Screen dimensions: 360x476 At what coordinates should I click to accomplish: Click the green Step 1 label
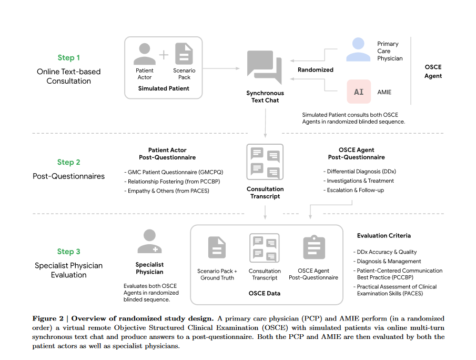click(x=69, y=58)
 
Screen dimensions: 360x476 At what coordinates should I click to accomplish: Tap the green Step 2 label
click(x=69, y=162)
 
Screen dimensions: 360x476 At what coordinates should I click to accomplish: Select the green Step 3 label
click(x=69, y=252)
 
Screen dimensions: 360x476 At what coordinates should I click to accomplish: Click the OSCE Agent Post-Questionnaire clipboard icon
click(x=314, y=247)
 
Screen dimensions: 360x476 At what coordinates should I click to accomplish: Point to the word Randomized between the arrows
click(x=316, y=69)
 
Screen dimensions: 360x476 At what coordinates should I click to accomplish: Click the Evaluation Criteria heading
click(x=384, y=236)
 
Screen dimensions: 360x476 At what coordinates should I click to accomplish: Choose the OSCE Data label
click(x=265, y=293)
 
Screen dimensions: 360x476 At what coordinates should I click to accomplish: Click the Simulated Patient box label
click(x=164, y=88)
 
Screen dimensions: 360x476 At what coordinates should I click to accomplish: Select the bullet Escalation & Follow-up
click(x=355, y=190)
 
